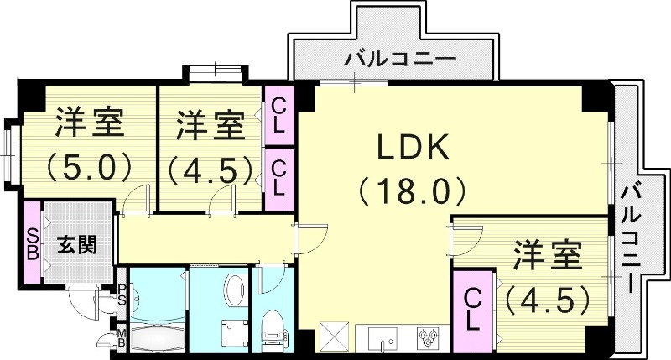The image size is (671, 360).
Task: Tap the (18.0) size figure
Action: pyautogui.click(x=412, y=192)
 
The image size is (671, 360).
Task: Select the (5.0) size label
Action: pyautogui.click(x=90, y=165)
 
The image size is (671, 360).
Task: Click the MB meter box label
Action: pyautogui.click(x=121, y=338)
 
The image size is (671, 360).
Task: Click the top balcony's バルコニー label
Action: pyautogui.click(x=401, y=60)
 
